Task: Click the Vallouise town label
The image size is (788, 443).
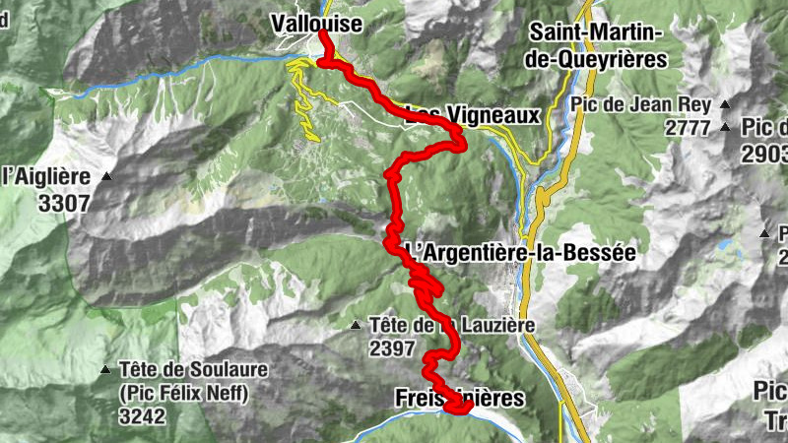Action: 316,22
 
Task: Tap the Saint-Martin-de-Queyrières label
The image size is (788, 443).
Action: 597,46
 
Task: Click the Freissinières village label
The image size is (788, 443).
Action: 458,397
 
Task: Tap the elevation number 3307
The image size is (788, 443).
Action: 60,204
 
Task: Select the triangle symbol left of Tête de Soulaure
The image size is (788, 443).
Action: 105,370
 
